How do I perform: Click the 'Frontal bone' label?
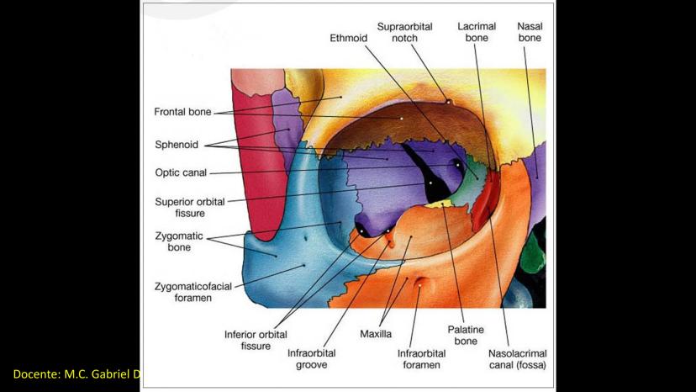point(182,111)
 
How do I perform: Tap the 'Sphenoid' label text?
point(176,145)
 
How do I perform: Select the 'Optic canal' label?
point(180,173)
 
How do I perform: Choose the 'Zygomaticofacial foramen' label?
point(193,292)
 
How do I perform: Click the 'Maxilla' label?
point(376,334)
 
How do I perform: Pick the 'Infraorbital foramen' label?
point(419,359)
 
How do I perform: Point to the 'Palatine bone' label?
point(466,336)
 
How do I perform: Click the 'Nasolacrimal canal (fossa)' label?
point(517,359)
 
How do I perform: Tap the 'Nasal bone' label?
point(530,32)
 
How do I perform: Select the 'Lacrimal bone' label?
point(476,32)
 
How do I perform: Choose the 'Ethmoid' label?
point(347,38)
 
